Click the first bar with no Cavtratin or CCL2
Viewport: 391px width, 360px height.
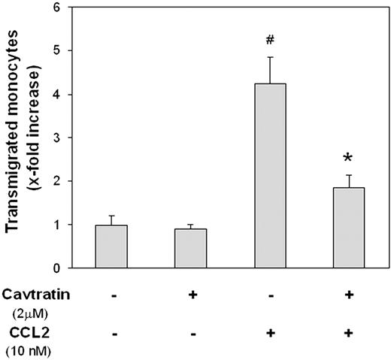111,247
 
